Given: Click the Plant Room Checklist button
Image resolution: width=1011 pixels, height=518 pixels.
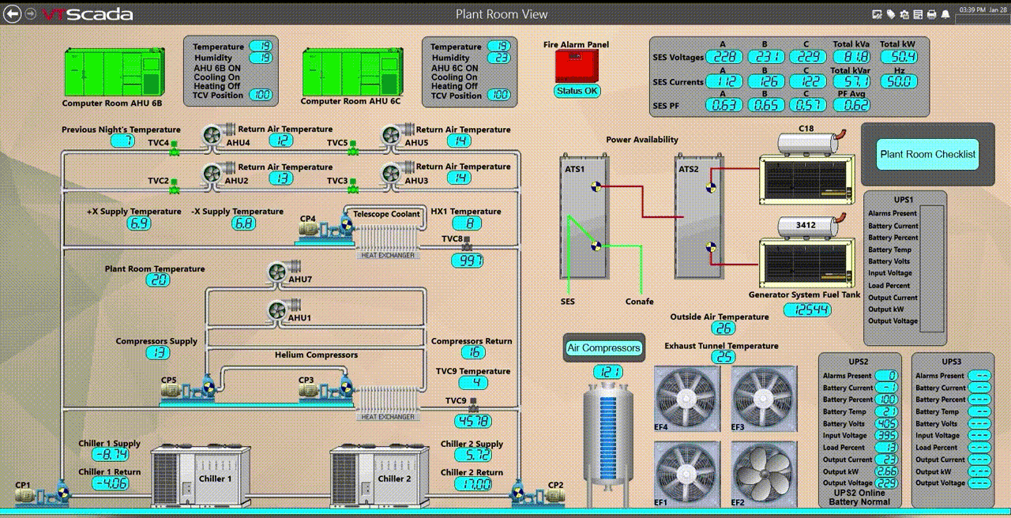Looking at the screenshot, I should tap(927, 155).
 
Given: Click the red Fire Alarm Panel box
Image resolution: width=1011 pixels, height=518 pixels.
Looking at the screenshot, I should tap(577, 66).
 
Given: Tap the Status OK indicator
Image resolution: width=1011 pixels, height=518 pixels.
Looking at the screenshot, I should tap(577, 91).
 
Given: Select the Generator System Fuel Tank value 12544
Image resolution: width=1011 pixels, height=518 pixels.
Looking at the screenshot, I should tap(807, 310).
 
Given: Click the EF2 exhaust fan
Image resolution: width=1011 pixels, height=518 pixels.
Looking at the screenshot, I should tap(764, 473).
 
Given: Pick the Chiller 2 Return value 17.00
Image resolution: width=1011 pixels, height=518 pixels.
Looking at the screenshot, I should tap(472, 484).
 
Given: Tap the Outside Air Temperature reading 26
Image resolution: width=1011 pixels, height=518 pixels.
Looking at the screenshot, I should tap(723, 328).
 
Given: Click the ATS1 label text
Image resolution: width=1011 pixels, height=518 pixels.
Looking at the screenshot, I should tap(574, 168).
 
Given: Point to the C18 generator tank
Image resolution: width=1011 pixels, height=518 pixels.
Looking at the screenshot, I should tap(807, 143).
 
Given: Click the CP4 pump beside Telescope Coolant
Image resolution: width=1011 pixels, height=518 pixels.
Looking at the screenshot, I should tap(320, 229).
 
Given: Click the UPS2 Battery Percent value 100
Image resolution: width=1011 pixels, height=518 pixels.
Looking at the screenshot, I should tap(886, 400).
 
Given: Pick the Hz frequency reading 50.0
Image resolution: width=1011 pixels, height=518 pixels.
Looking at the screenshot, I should tap(899, 81).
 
